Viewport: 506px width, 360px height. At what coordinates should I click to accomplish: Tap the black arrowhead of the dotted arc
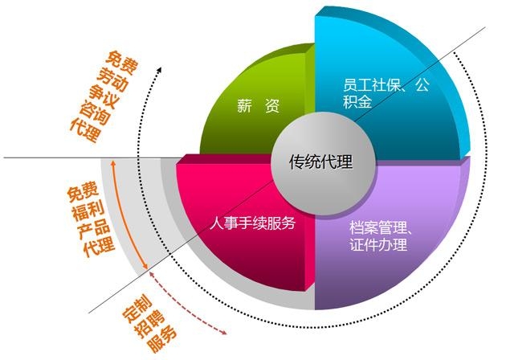coord(158,68)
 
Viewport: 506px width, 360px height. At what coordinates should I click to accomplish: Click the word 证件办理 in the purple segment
coord(379,245)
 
